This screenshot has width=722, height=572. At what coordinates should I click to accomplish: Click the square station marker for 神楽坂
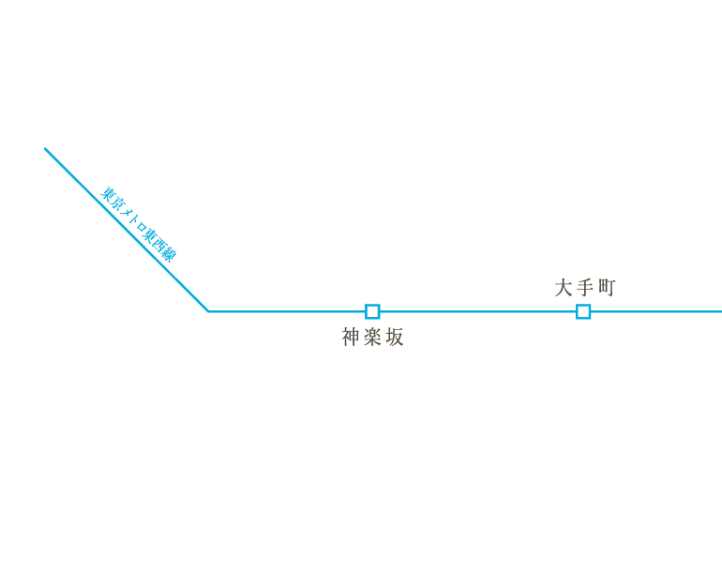pyautogui.click(x=372, y=312)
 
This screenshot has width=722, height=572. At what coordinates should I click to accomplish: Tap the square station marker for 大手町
pyautogui.click(x=583, y=312)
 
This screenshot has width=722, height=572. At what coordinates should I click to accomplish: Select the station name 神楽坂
pyautogui.click(x=372, y=338)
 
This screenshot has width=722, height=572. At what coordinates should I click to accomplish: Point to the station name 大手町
pyautogui.click(x=585, y=287)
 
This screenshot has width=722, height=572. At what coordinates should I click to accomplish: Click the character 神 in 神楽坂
pyautogui.click(x=351, y=338)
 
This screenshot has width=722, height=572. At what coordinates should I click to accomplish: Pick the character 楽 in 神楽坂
pyautogui.click(x=372, y=338)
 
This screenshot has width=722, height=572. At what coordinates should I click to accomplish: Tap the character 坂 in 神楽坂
pyautogui.click(x=395, y=338)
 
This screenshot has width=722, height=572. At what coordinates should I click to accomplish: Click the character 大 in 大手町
pyautogui.click(x=564, y=287)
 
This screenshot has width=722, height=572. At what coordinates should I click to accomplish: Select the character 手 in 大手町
pyautogui.click(x=585, y=287)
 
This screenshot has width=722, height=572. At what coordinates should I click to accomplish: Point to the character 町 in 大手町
pyautogui.click(x=608, y=287)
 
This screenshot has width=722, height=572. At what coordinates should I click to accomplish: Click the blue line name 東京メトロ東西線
pyautogui.click(x=138, y=225)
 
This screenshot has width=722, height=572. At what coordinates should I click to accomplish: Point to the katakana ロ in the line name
pyautogui.click(x=141, y=228)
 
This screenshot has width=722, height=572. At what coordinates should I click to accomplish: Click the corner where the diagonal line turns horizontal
pyautogui.click(x=208, y=312)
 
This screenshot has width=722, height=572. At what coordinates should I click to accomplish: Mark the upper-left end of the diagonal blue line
pyautogui.click(x=45, y=149)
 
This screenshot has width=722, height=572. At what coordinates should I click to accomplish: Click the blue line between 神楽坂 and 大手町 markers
pyautogui.click(x=477, y=312)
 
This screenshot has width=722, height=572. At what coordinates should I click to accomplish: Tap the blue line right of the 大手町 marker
pyautogui.click(x=656, y=312)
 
